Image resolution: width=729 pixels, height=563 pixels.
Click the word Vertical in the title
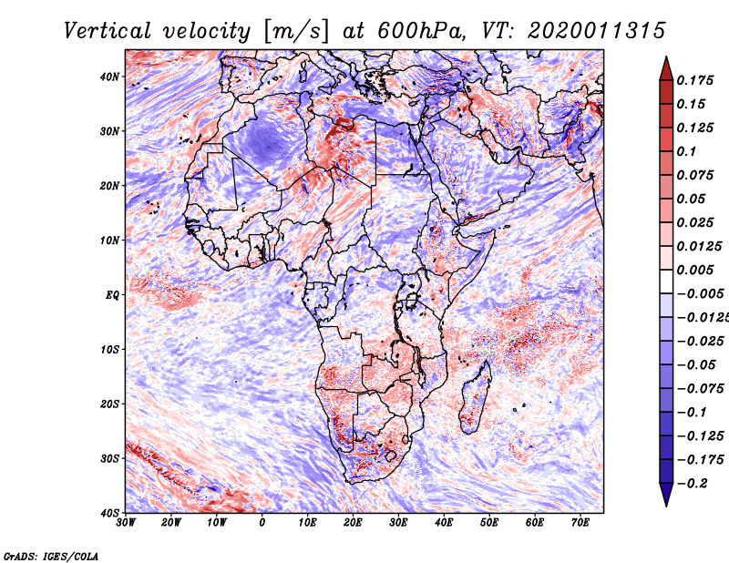point(108,31)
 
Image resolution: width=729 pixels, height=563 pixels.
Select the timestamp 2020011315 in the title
point(597,31)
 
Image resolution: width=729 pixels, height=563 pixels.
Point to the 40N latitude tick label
point(109,77)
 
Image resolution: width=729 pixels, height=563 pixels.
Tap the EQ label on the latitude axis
point(112,295)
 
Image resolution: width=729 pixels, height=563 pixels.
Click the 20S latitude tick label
point(110,404)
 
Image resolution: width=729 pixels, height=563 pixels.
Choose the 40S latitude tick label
point(110,513)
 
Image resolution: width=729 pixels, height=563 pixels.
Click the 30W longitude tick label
point(126,523)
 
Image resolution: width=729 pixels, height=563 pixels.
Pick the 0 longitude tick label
point(262,523)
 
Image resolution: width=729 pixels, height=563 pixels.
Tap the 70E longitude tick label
point(580,523)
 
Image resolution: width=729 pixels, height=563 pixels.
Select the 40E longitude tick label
point(444,523)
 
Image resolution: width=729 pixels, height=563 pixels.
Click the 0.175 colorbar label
point(694,80)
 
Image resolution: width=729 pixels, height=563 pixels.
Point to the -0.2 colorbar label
point(693,483)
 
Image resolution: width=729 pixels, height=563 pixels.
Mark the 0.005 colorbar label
point(694,270)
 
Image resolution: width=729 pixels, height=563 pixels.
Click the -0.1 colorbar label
point(693,412)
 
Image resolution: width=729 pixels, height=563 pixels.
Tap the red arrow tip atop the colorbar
point(666,57)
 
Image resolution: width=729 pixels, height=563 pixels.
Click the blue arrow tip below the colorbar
point(666,506)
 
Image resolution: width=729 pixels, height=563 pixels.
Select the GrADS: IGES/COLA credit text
point(51,557)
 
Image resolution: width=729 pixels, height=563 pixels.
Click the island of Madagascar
point(475,397)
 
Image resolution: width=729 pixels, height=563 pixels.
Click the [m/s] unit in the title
point(296,31)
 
